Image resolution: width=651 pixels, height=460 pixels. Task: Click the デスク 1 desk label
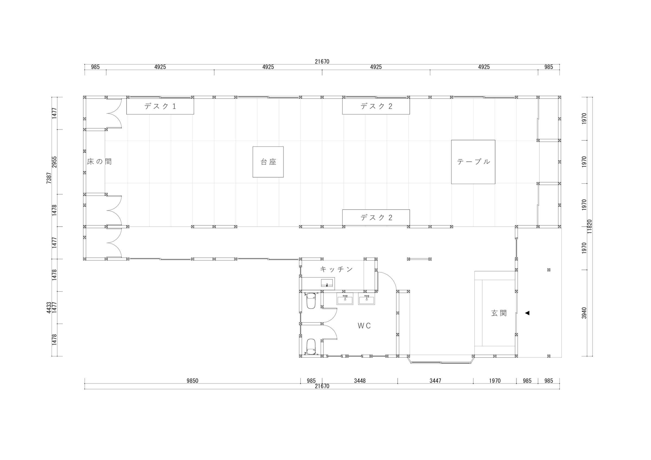click(160, 106)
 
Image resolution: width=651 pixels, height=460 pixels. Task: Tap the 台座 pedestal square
click(268, 162)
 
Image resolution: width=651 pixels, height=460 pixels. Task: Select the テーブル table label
click(473, 162)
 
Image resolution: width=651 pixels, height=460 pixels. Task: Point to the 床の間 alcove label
click(99, 162)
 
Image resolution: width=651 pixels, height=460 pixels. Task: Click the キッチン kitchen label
click(336, 269)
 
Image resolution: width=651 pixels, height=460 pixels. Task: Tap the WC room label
click(364, 326)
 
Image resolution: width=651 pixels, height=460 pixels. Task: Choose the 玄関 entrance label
click(499, 313)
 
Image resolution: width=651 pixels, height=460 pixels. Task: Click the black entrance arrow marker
click(527, 313)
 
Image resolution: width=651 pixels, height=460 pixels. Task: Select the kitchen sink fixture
click(327, 283)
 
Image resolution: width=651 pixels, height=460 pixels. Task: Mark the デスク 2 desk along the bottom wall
click(376, 218)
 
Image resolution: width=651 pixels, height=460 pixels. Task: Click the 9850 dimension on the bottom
click(192, 381)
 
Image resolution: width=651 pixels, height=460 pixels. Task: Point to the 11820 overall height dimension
click(590, 226)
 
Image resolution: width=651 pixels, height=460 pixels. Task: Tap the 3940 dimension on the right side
click(584, 313)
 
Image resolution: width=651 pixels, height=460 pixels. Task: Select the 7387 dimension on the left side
click(49, 178)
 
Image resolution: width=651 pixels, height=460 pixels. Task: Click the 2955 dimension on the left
click(55, 162)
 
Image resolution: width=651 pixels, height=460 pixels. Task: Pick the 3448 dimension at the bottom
click(359, 381)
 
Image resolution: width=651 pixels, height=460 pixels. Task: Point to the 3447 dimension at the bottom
click(435, 381)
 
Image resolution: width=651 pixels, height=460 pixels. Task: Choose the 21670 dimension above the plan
click(322, 62)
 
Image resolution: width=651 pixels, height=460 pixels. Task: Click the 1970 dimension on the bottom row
click(495, 381)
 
